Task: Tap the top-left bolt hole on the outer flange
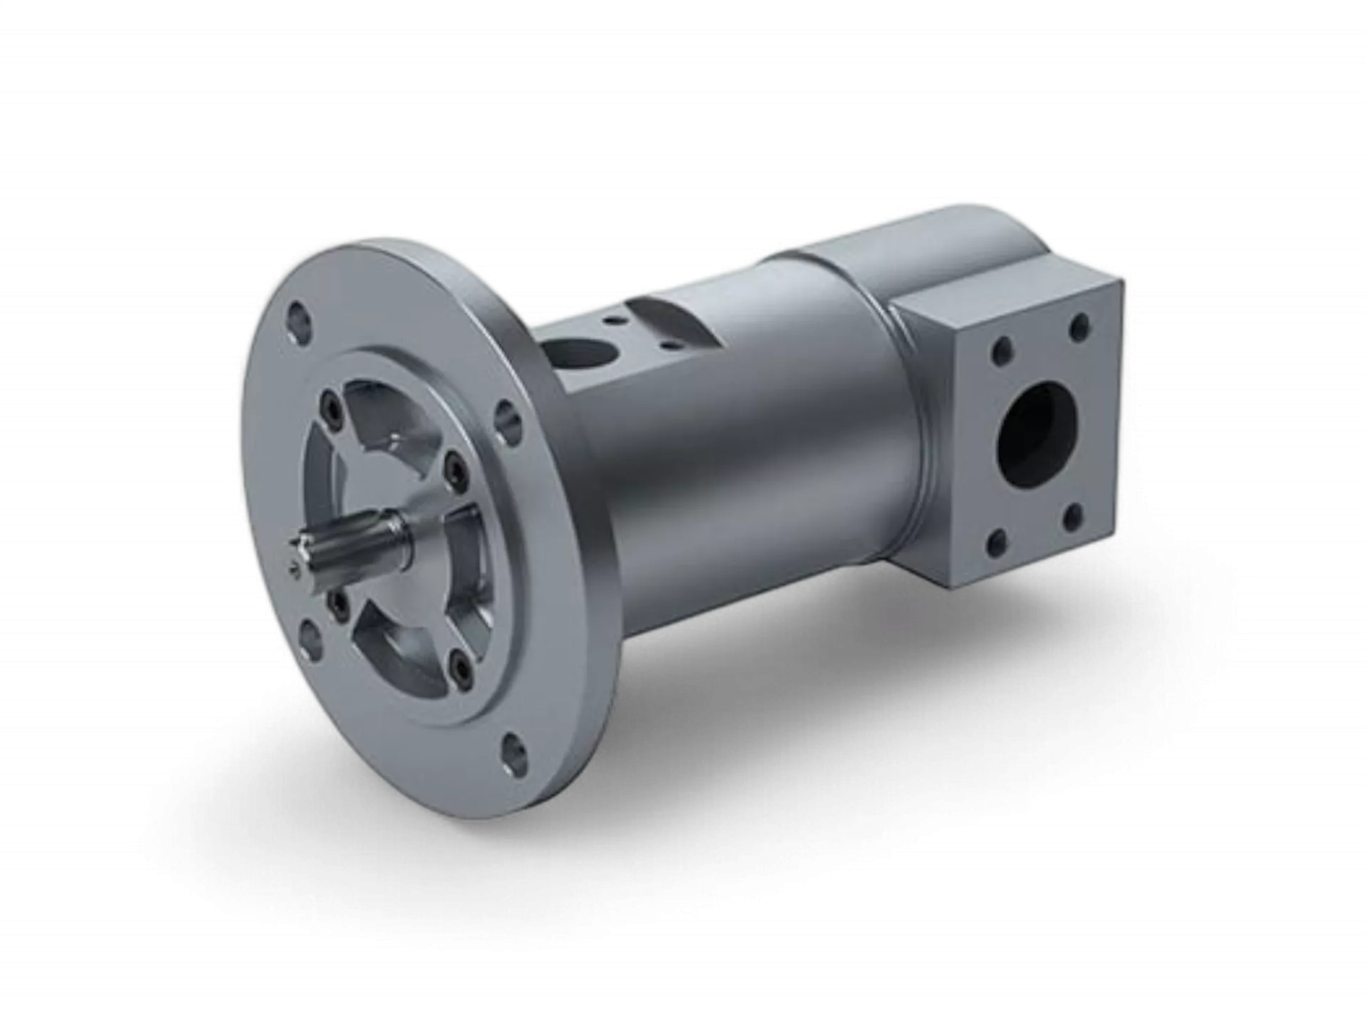(x=297, y=316)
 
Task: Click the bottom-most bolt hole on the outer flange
(x=514, y=749)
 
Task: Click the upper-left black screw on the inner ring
(x=332, y=410)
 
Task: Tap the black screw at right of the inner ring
(x=453, y=467)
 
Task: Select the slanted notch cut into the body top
(x=665, y=313)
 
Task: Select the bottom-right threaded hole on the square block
(x=1074, y=515)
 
